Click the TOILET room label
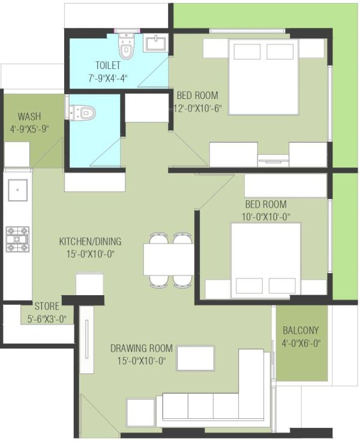pyautogui.click(x=108, y=65)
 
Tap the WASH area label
pyautogui.click(x=29, y=116)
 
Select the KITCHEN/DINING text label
pyautogui.click(x=90, y=242)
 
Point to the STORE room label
pyautogui.click(x=47, y=306)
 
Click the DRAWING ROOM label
pyautogui.click(x=142, y=348)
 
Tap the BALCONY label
pyautogui.click(x=301, y=330)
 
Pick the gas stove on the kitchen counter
pyautogui.click(x=17, y=239)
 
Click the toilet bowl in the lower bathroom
pyautogui.click(x=82, y=112)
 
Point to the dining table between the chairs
pyautogui.click(x=168, y=259)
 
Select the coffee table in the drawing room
pyautogui.click(x=195, y=359)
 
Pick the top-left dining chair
pyautogui.click(x=158, y=239)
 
